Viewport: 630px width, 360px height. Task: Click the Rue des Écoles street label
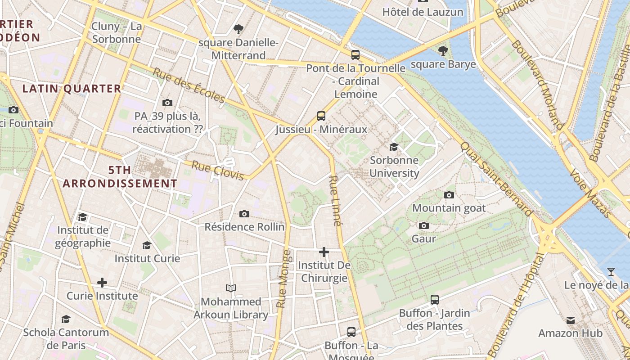point(189,85)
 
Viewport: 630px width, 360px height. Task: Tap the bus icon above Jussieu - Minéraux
point(321,116)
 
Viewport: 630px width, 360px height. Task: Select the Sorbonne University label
point(394,166)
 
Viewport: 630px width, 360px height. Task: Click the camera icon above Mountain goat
point(449,195)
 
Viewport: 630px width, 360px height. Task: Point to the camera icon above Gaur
point(423,225)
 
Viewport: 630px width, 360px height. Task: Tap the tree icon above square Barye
point(443,50)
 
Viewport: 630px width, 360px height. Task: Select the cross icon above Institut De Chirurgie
point(324,252)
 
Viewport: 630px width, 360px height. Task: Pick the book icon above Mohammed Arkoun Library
point(231,288)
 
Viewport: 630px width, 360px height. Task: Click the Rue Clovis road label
point(217,170)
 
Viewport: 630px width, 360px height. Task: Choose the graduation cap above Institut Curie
point(147,245)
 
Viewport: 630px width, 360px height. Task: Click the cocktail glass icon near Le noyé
point(611,271)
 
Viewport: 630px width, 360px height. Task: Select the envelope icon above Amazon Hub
point(571,320)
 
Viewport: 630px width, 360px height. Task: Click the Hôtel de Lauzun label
point(423,12)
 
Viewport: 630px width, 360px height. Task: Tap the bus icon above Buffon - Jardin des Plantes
point(434,299)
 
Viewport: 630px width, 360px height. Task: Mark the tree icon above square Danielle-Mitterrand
point(238,29)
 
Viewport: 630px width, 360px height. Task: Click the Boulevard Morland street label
point(537,85)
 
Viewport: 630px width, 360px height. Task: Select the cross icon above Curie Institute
point(102,283)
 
